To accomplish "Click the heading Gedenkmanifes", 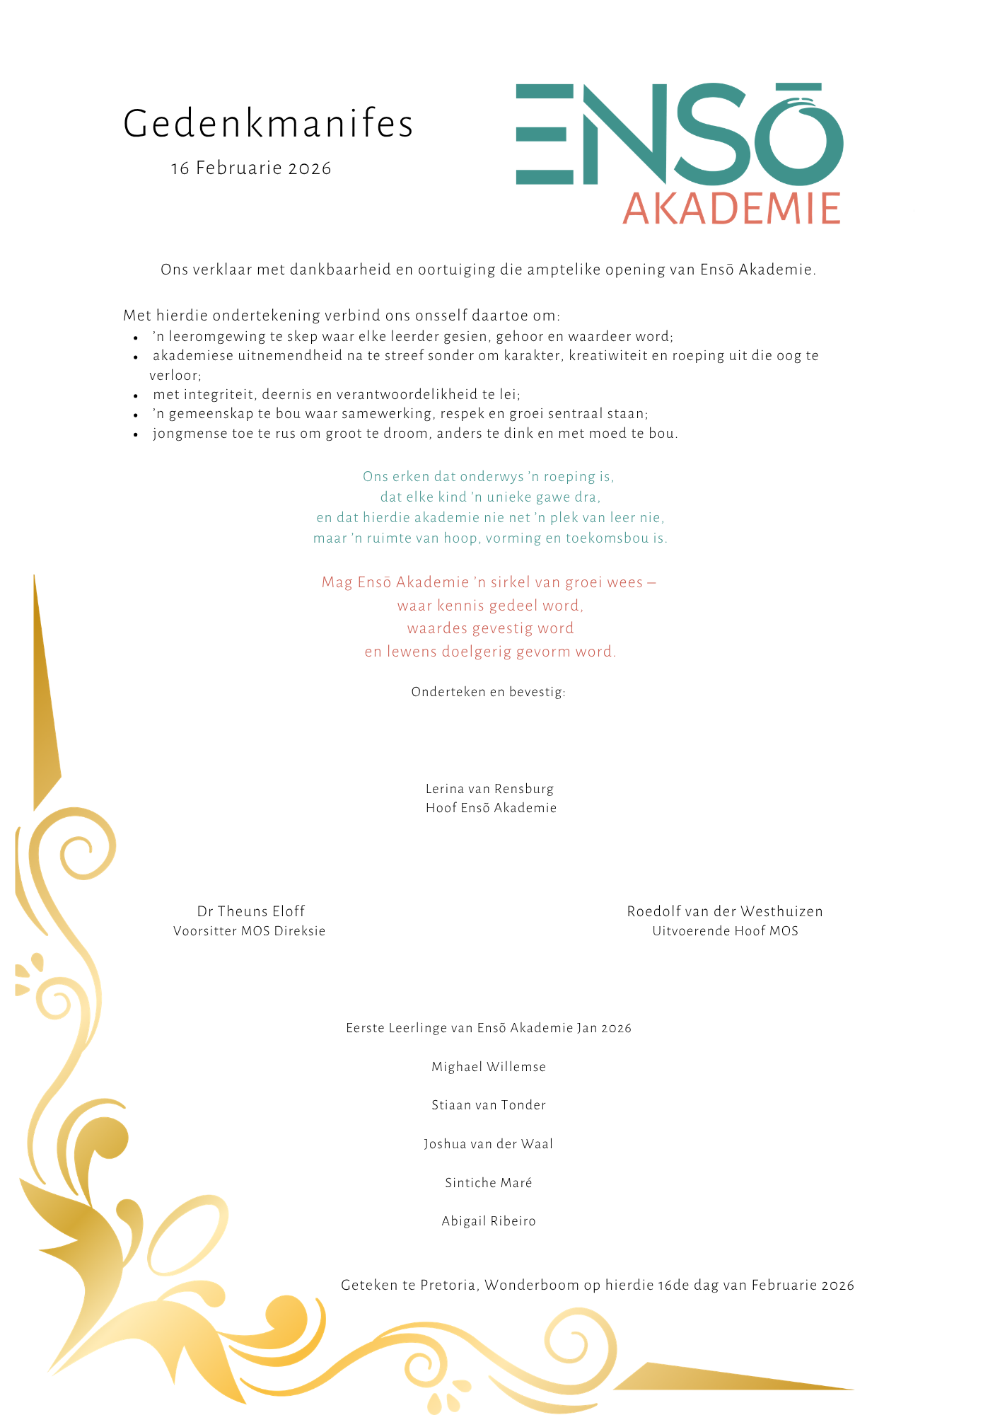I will pos(268,125).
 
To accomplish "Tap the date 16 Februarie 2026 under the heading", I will pos(251,168).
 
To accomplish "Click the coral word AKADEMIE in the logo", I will pos(731,209).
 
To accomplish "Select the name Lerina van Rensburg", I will pos(489,789).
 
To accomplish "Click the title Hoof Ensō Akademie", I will pos(491,808).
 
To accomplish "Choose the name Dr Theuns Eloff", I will pos(251,911).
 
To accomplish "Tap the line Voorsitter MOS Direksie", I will pos(250,931).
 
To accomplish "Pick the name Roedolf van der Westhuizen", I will pos(725,911).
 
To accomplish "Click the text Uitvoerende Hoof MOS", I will pos(725,931).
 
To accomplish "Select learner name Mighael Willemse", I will pos(489,1067).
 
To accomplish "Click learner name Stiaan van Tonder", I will pos(489,1105).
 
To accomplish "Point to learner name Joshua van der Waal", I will pos(489,1144).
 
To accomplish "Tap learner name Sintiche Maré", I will pos(489,1183).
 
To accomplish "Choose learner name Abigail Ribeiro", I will pos(489,1221).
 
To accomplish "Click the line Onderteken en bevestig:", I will pos(489,692).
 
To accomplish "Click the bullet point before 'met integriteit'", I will pos(136,395).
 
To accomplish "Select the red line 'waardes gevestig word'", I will pos(490,628).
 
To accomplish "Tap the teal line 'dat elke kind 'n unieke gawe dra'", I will pos(490,497).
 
